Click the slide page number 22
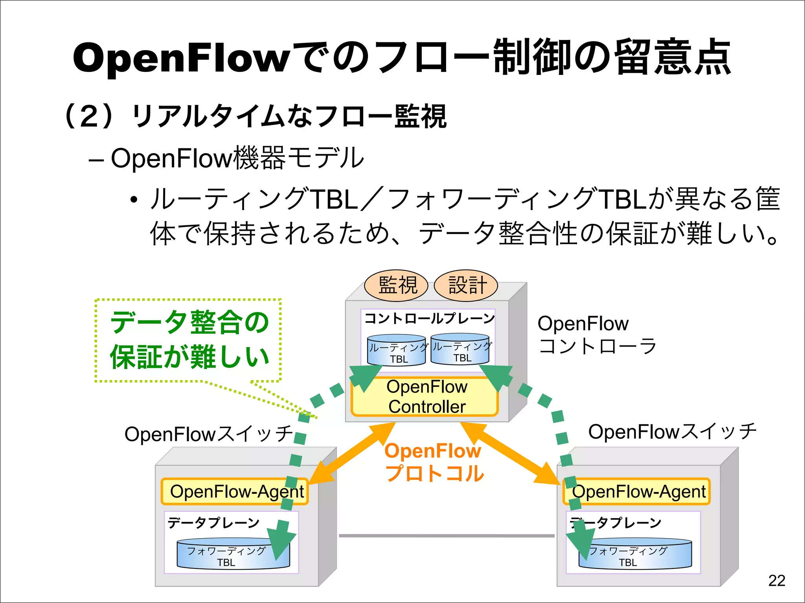(776, 581)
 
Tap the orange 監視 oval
(396, 285)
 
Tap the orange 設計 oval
(466, 285)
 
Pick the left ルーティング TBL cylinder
(397, 350)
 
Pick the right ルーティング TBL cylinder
(460, 349)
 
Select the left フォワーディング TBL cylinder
(233, 555)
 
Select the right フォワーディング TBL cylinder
(635, 555)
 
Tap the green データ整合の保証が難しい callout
(189, 340)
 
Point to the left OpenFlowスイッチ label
(208, 434)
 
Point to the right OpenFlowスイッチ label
(672, 432)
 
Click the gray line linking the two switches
(447, 535)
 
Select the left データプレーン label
(213, 523)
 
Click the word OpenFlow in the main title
(181, 58)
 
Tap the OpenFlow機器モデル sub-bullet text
(237, 158)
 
